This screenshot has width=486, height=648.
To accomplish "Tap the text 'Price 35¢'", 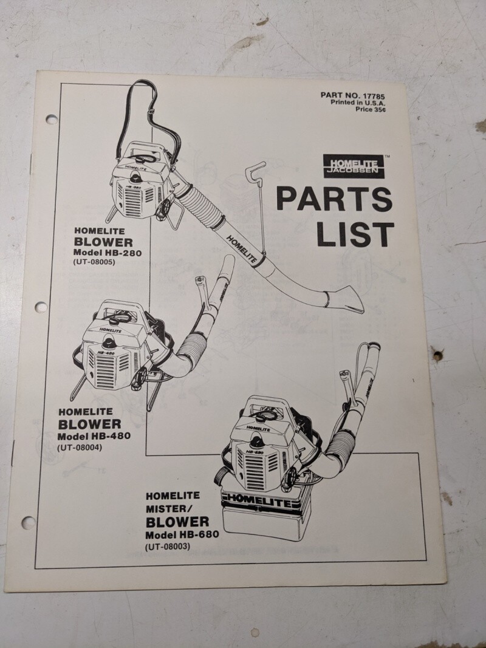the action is pyautogui.click(x=371, y=109).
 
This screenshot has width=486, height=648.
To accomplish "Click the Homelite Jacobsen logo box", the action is pyautogui.click(x=354, y=166).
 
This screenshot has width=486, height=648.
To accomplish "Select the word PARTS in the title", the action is pyautogui.click(x=334, y=199).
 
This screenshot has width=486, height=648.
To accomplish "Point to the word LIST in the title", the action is pyautogui.click(x=355, y=234).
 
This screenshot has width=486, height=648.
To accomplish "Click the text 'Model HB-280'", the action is pyautogui.click(x=108, y=253).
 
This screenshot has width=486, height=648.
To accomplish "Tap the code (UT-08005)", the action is pyautogui.click(x=94, y=262).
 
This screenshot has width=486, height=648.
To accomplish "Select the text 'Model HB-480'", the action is pyautogui.click(x=94, y=436).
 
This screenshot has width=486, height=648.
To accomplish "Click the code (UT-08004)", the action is pyautogui.click(x=80, y=447).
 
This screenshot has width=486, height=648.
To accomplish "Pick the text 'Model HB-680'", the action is pyautogui.click(x=182, y=534).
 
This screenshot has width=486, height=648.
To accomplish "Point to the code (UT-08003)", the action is pyautogui.click(x=168, y=547).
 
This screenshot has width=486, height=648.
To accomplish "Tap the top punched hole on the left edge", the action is pyautogui.click(x=51, y=120).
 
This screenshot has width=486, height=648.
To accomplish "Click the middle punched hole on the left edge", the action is pyautogui.click(x=41, y=307).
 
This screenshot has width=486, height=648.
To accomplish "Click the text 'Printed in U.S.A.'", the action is pyautogui.click(x=358, y=103).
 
